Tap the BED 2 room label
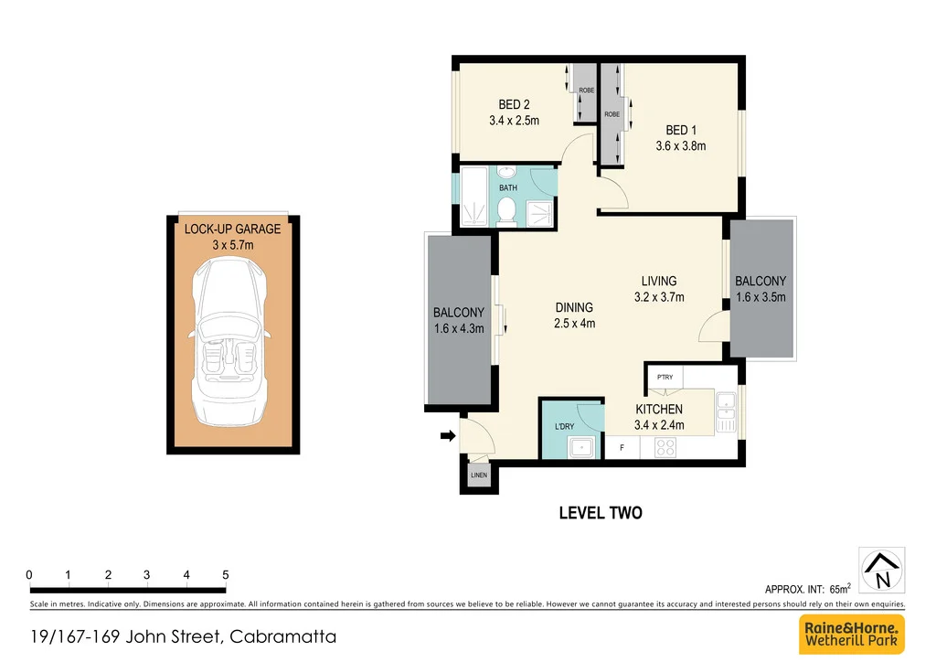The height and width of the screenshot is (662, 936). pos(514,105)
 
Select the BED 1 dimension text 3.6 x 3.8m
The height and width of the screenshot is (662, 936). pos(681,145)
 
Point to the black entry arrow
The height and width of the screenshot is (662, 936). pos(447,436)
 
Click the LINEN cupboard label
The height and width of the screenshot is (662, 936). pos(479,475)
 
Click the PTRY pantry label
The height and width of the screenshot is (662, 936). pos(665,376)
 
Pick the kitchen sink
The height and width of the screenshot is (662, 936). pos(727,412)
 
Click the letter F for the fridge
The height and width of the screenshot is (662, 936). pos(622,448)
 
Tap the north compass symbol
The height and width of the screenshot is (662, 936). pos(882,570)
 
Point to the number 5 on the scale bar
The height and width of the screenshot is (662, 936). pos(226,574)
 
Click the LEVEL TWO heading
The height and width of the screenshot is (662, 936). pos(601,513)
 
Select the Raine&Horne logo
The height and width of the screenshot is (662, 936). pos(852,634)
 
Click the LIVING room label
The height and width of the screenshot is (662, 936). pos(658,281)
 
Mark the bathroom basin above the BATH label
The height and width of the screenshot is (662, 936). pos(507,174)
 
